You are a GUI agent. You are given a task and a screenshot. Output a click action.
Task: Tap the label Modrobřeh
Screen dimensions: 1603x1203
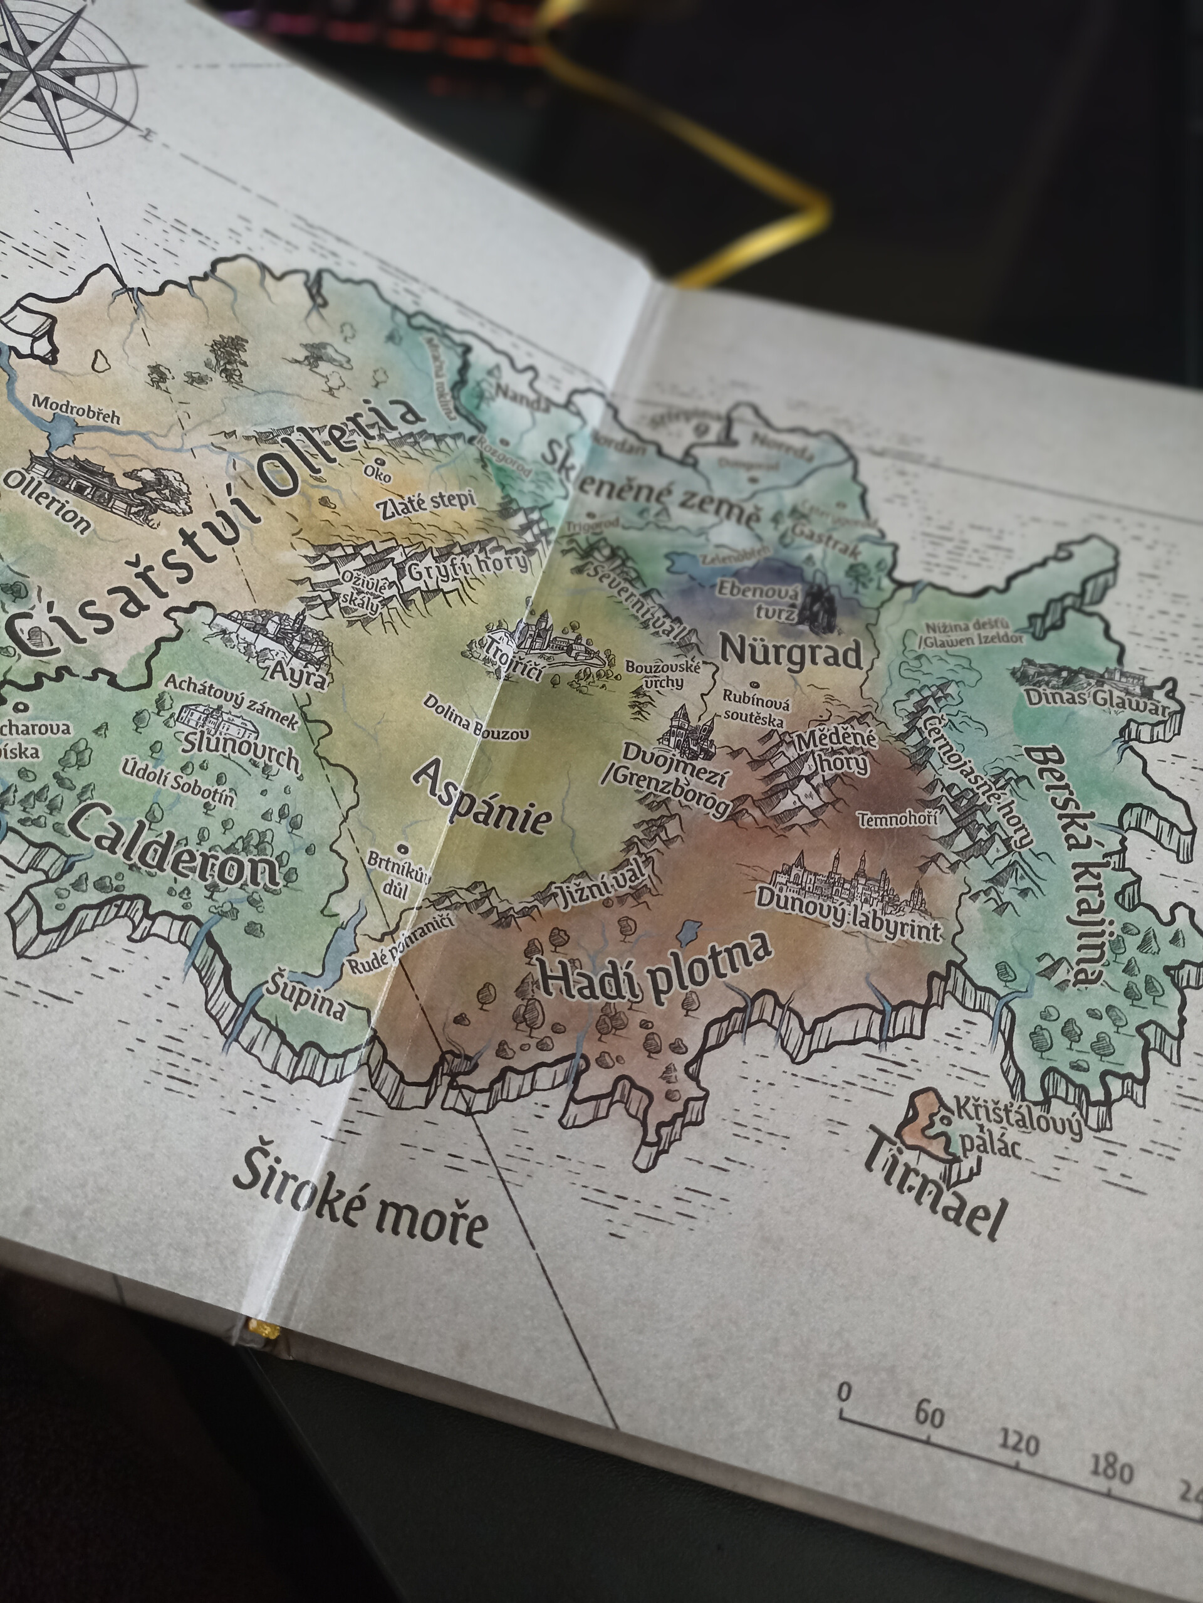[x=75, y=410]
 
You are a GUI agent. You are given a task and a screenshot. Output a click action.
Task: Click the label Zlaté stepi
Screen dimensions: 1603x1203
[x=427, y=503]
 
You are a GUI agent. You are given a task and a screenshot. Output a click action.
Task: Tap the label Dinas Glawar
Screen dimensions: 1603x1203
[x=1093, y=700]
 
